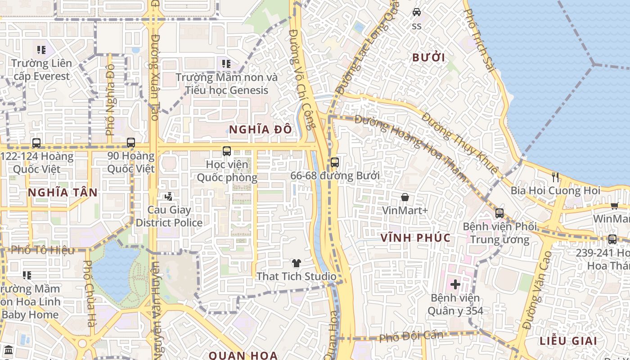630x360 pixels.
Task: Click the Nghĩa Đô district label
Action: [x=260, y=130]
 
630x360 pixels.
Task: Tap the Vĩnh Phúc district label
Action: [x=415, y=238]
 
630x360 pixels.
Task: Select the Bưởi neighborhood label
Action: [x=428, y=58]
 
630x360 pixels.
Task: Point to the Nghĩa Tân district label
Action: [x=63, y=193]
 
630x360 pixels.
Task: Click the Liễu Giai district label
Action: [x=569, y=341]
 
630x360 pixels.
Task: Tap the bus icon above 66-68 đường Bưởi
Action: [x=334, y=162]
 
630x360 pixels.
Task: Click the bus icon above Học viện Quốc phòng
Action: [x=227, y=151]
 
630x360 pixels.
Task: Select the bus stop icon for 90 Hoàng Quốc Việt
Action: [x=130, y=143]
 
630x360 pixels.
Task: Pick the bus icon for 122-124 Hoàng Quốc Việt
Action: [x=36, y=143]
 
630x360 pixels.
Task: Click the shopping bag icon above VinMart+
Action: [x=405, y=197]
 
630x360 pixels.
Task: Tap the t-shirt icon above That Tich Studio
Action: [x=296, y=263]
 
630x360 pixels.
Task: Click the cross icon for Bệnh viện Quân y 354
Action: [x=455, y=284]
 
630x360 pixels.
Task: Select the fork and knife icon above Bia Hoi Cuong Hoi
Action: [x=555, y=177]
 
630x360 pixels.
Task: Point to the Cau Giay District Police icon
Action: [x=169, y=197]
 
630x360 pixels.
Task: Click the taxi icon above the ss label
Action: [x=417, y=12]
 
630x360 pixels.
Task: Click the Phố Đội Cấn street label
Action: [x=411, y=336]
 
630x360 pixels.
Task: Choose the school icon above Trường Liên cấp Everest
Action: [x=41, y=50]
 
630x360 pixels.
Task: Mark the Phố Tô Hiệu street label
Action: [x=43, y=250]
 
